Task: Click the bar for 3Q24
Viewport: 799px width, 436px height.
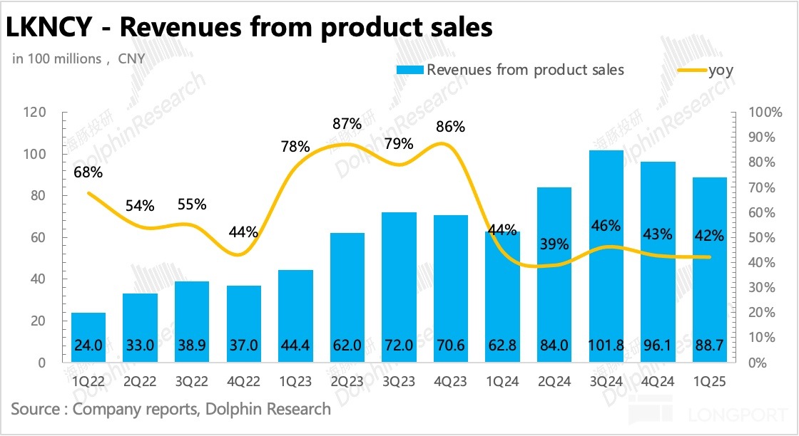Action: tap(606, 256)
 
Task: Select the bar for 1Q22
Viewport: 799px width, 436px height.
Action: tap(88, 338)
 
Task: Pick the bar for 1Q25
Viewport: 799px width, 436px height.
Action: tap(710, 270)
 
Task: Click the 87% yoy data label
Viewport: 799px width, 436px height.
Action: tap(347, 123)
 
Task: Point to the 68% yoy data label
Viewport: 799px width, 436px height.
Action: tap(88, 172)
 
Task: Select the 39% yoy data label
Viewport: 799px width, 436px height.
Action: tap(554, 244)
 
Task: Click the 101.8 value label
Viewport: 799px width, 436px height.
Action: tap(606, 346)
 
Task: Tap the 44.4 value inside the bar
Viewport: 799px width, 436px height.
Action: tap(295, 346)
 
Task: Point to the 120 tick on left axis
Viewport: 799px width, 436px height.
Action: tap(34, 113)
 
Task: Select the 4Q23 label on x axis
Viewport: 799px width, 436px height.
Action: tap(451, 383)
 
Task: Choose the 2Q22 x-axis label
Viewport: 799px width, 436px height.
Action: tap(140, 383)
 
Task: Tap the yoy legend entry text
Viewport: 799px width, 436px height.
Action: tap(721, 70)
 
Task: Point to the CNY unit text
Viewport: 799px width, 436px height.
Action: tap(131, 59)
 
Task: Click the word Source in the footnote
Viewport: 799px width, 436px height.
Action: tap(35, 409)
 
